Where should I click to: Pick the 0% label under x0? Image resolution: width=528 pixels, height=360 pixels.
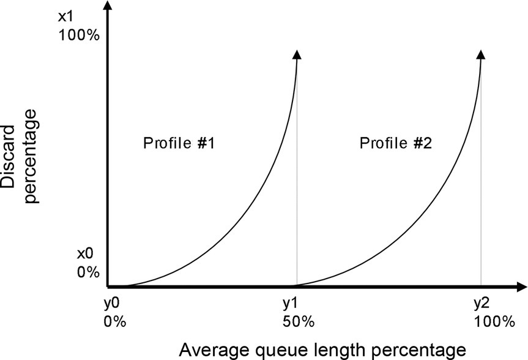(87, 271)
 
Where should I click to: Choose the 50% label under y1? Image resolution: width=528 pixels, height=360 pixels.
(298, 321)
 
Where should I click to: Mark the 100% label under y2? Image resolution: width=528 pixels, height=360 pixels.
(494, 321)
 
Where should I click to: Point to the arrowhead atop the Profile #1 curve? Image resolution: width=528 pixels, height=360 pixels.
(297, 54)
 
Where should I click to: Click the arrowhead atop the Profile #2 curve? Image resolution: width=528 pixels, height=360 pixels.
(482, 54)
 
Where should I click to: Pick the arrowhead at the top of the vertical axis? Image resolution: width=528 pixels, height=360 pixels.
(108, 6)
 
